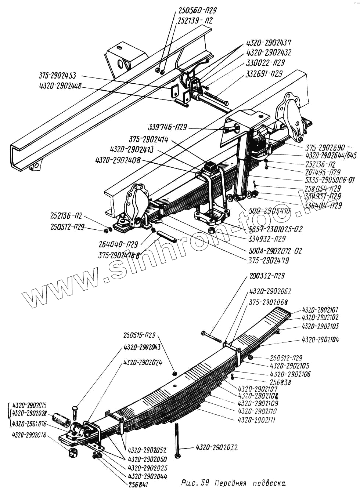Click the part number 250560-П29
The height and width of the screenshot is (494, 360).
pos(197,11)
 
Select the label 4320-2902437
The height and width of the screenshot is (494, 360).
pos(269,43)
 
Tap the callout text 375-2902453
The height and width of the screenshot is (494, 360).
pos(57,76)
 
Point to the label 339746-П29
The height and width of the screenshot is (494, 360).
pos(168,127)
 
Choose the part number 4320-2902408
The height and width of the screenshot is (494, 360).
pos(118,160)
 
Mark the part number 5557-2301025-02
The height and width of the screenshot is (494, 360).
pos(275,229)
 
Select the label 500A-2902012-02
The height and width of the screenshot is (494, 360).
pos(275,251)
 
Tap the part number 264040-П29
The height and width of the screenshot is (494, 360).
pos(118,244)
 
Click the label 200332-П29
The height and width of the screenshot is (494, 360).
pos(267,276)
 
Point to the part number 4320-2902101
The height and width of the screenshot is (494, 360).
pos(320,310)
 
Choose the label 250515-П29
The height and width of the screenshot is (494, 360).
pos(139,335)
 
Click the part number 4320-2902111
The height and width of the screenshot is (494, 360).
pos(256,420)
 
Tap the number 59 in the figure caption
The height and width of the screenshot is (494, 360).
pos(205,483)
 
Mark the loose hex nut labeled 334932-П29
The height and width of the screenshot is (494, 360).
pos(212,230)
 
